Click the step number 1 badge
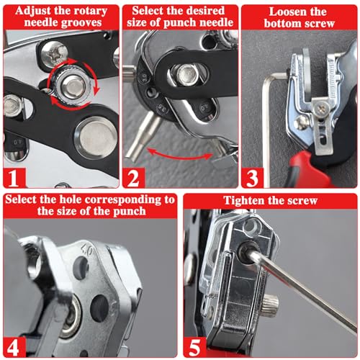tap(14, 178)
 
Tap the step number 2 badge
tap(133, 178)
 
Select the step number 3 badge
tap(252, 178)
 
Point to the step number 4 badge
tap(14, 347)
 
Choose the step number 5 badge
tap(194, 347)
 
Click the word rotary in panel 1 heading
tap(89, 11)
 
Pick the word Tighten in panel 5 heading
tap(243, 200)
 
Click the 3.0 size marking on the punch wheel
tap(144, 78)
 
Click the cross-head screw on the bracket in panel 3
tap(321, 109)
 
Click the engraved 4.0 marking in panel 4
tap(87, 251)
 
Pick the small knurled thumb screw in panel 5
tap(271, 303)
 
